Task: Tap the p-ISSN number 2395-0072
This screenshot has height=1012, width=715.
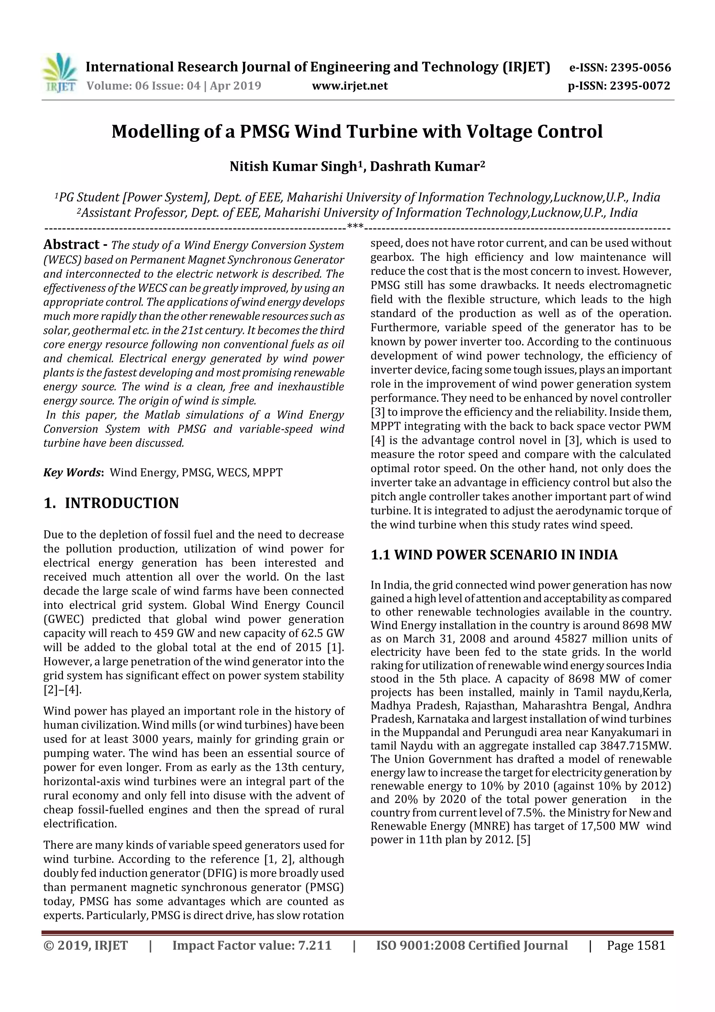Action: (640, 86)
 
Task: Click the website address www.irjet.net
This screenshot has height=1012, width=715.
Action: (350, 86)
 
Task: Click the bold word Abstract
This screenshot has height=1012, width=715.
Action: (71, 245)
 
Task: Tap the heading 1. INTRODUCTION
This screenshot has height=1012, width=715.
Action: (111, 503)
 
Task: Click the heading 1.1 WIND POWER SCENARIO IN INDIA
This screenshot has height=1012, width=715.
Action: (494, 555)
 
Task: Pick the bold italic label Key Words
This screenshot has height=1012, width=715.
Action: (73, 473)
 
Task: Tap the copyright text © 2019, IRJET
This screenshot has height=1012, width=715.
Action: (86, 945)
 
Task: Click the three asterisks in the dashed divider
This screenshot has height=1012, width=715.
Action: (355, 227)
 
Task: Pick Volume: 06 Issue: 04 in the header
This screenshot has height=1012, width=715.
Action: (143, 86)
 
